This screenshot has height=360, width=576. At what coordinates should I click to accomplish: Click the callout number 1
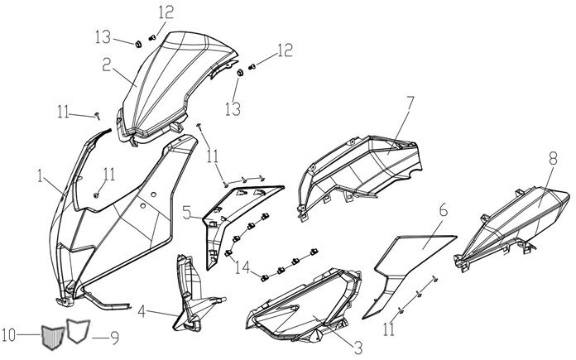39,175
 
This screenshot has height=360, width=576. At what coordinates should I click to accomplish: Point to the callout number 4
142,312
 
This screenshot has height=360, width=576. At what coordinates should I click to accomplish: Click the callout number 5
188,214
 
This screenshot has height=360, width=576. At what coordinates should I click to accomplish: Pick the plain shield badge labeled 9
78,331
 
